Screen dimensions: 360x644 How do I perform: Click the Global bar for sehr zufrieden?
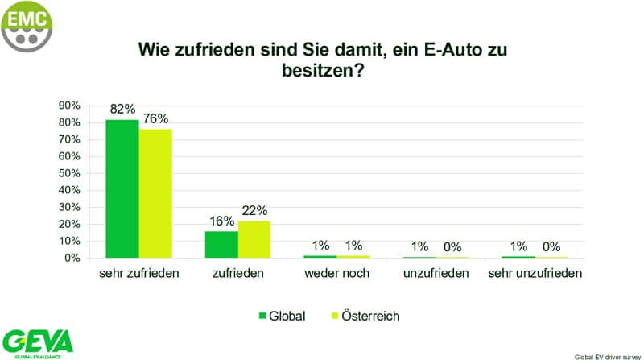pyautogui.click(x=122, y=188)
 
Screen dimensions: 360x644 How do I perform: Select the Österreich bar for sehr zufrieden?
pyautogui.click(x=155, y=193)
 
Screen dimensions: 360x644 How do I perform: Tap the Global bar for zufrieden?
pyautogui.click(x=221, y=244)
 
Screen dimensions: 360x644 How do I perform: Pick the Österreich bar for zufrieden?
pyautogui.click(x=254, y=239)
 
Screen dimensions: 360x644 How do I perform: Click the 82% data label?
pyautogui.click(x=123, y=109)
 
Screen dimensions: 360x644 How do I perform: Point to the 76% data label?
pyautogui.click(x=155, y=119)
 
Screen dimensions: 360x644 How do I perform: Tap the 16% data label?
pyautogui.click(x=222, y=221)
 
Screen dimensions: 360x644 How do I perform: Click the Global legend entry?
pyautogui.click(x=281, y=316)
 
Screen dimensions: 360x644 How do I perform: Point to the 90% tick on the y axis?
pyautogui.click(x=68, y=106)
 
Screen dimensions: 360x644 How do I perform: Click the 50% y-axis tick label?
pyautogui.click(x=68, y=173)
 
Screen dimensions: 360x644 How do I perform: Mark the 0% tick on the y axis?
pyautogui.click(x=72, y=258)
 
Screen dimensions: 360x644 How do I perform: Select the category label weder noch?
pyautogui.click(x=337, y=274)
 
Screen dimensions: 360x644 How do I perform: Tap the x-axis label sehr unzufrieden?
pyautogui.click(x=535, y=274)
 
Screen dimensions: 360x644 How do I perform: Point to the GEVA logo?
pyautogui.click(x=37, y=341)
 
